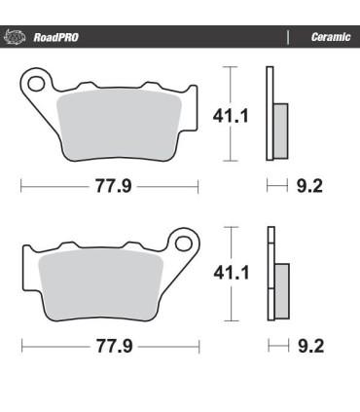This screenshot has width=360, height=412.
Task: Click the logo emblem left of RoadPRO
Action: tap(16, 38)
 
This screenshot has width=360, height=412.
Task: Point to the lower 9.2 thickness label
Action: tap(310, 345)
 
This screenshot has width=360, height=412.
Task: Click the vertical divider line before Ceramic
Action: tap(287, 38)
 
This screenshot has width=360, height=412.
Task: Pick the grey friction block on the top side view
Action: tap(280, 127)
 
